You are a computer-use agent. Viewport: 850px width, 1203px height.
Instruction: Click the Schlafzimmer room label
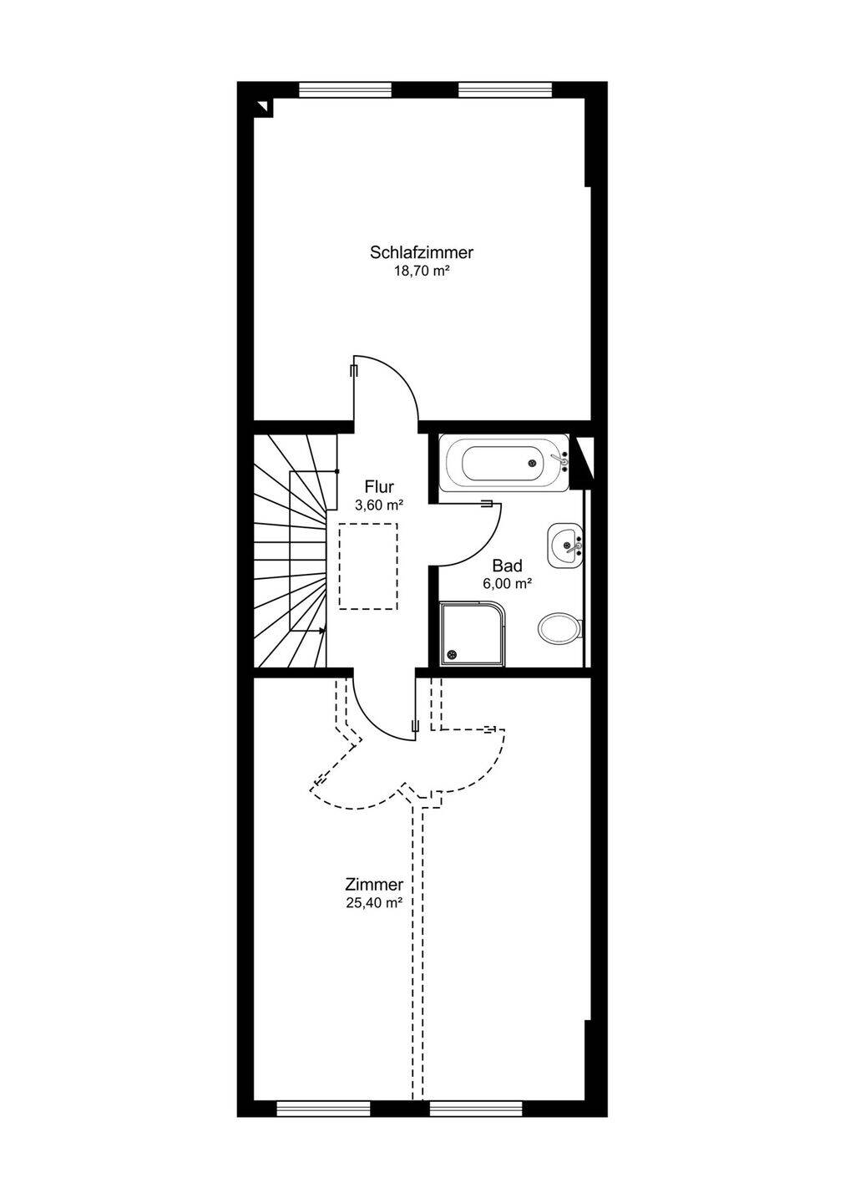tap(422, 252)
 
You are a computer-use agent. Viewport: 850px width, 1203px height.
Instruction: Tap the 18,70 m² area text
tap(422, 272)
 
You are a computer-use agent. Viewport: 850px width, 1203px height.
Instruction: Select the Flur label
tap(379, 486)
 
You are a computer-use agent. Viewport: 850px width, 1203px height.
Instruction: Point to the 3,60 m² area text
tap(379, 505)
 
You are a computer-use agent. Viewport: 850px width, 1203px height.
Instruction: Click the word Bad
tap(507, 566)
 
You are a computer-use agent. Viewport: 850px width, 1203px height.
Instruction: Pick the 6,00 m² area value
tap(507, 584)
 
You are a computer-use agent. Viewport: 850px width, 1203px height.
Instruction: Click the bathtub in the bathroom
tap(503, 462)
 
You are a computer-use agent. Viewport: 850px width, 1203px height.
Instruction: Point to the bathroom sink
tap(565, 545)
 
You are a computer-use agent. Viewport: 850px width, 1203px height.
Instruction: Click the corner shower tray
tap(473, 634)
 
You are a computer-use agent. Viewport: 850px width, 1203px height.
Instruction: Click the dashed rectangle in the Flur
tap(368, 566)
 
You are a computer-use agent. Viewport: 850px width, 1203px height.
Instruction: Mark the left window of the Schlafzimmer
tap(345, 89)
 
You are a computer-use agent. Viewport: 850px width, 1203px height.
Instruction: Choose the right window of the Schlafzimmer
tap(505, 89)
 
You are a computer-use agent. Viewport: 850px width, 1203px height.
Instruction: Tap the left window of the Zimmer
tap(323, 1108)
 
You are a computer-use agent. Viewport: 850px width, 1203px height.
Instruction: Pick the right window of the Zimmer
tap(477, 1108)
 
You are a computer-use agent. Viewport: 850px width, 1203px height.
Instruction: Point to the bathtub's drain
tap(532, 462)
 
